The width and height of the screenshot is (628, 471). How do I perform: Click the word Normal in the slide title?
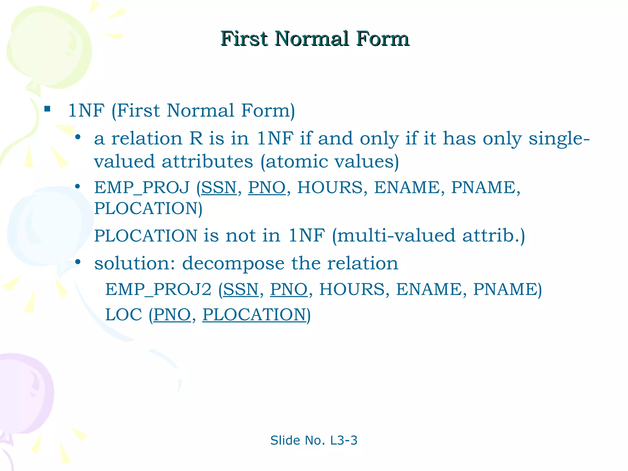tap(312, 39)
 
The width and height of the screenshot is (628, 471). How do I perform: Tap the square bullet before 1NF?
tap(47, 109)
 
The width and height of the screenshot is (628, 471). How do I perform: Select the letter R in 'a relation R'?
tap(196, 139)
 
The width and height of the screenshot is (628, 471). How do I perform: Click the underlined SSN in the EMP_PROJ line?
tap(219, 187)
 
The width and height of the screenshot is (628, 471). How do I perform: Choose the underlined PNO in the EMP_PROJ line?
tap(266, 187)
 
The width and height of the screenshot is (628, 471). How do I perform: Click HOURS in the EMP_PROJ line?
tap(330, 187)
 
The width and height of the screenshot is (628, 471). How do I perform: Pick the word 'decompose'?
tap(233, 264)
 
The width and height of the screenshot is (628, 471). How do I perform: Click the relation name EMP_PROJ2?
tap(158, 289)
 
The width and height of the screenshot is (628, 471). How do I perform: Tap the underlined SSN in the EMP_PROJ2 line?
tap(241, 289)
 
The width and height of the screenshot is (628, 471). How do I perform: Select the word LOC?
tap(124, 315)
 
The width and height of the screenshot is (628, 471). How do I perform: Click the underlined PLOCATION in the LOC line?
tap(254, 315)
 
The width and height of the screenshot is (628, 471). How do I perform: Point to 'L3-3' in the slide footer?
tap(344, 440)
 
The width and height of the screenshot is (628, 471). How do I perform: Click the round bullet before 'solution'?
tap(78, 262)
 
